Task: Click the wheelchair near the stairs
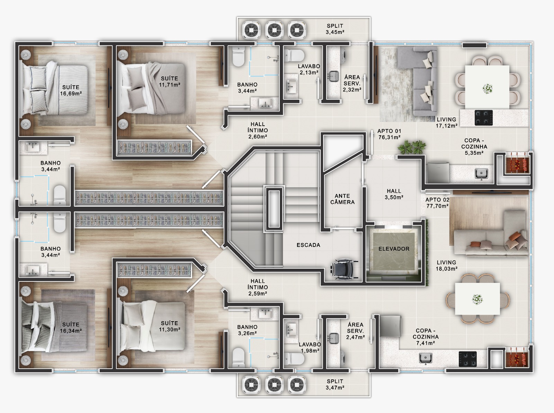tap(344, 269)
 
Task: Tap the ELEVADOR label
tap(394, 249)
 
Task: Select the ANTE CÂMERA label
tap(342, 199)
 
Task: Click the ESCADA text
tap(308, 245)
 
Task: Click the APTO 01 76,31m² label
tap(389, 134)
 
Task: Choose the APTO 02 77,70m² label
tap(437, 203)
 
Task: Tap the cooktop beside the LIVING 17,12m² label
tap(484, 118)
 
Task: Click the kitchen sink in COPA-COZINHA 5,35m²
tap(481, 174)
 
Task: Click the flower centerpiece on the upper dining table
tap(488, 89)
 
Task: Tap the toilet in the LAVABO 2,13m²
tap(294, 55)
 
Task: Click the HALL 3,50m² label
tap(394, 194)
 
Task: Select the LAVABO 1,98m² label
tap(310, 348)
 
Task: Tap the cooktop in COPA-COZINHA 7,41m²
tap(468, 359)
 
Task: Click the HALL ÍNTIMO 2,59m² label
tap(258, 287)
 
